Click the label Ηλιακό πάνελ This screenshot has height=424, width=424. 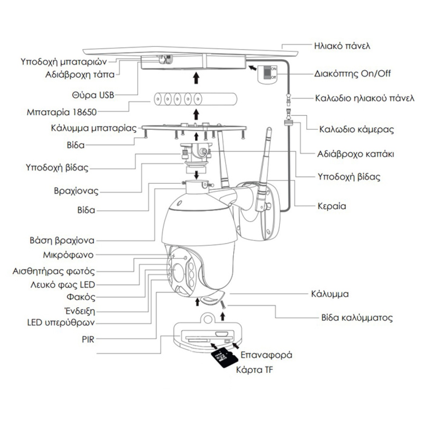tap(342, 46)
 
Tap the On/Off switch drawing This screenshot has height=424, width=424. tap(267, 74)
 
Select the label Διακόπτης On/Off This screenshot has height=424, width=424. tap(352, 74)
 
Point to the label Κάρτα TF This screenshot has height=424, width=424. tap(254, 370)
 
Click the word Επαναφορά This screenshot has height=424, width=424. tap(266, 354)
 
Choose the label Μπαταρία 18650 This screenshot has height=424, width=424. tap(62, 112)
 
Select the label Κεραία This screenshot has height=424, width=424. tap(332, 206)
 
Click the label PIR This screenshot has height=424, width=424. tap(88, 340)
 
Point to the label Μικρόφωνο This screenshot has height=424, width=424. tap(68, 255)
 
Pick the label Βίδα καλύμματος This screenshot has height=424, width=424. tap(357, 317)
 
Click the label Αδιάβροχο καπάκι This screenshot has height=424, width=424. tap(355, 154)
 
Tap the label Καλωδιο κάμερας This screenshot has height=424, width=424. tap(356, 129)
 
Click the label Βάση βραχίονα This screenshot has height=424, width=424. tap(62, 241)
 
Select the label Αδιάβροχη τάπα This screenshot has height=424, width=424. tap(80, 75)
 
